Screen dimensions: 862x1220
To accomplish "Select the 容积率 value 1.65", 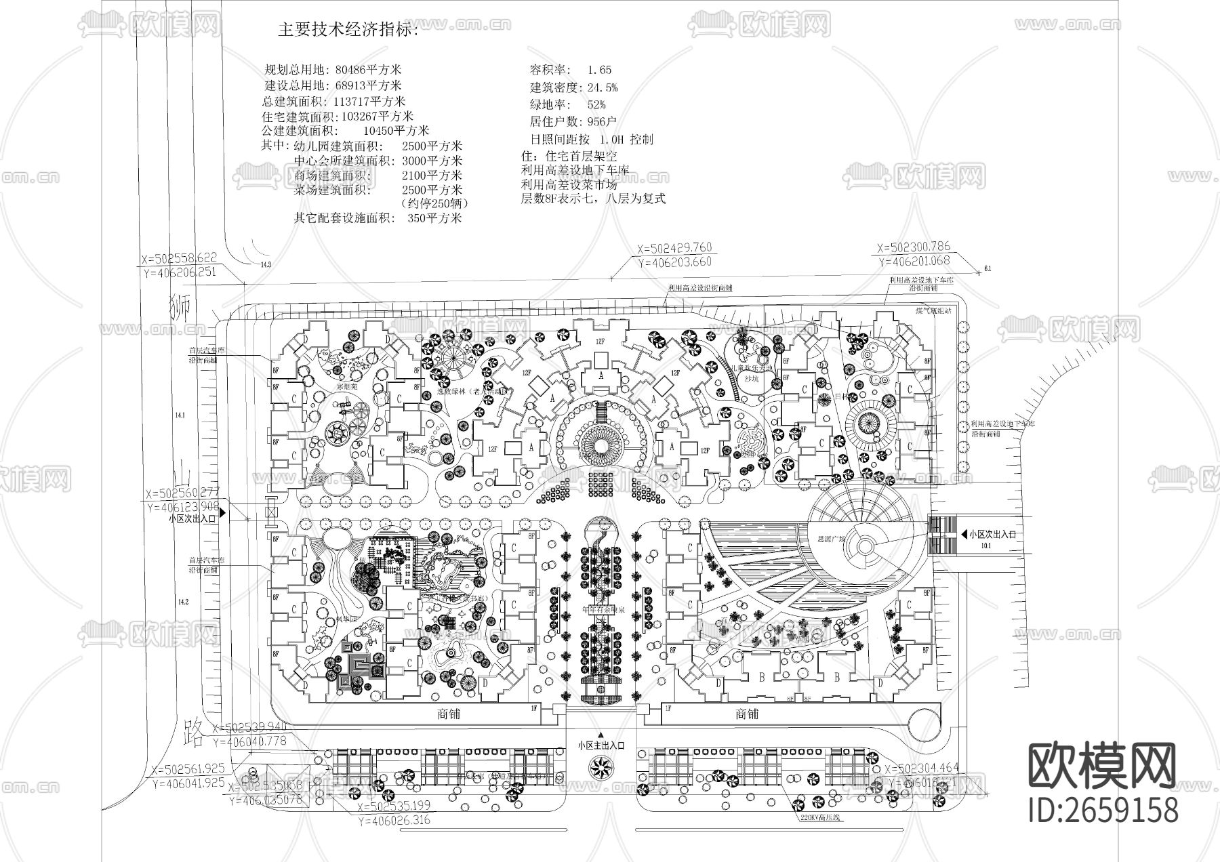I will pyautogui.click(x=599, y=70).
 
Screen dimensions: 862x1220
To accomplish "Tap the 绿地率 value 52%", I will pyautogui.click(x=596, y=104).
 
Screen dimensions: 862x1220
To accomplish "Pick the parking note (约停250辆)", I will pyautogui.click(x=434, y=203).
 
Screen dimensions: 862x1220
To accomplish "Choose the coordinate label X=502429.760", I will pyautogui.click(x=674, y=248).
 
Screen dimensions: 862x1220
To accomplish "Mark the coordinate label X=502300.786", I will pyautogui.click(x=914, y=247).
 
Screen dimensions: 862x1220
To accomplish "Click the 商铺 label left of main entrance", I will pyautogui.click(x=450, y=714).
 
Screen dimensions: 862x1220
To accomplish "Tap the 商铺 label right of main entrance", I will pyautogui.click(x=747, y=714).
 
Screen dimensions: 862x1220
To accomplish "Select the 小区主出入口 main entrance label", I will pyautogui.click(x=601, y=745).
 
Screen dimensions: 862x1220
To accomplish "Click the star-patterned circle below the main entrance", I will pyautogui.click(x=600, y=768).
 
